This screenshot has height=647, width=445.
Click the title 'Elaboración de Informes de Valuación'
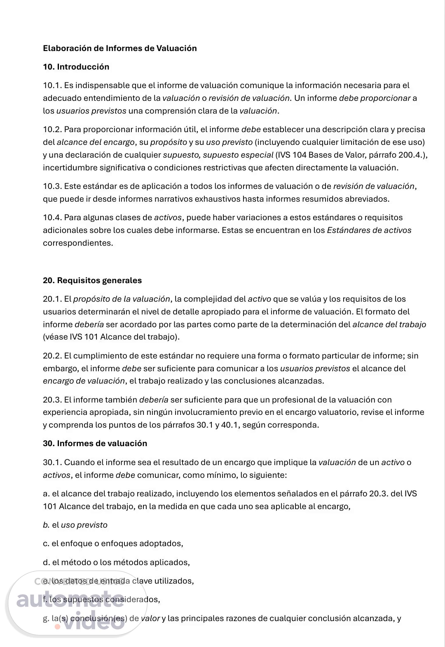[120, 48]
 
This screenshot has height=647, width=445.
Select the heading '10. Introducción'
[76, 67]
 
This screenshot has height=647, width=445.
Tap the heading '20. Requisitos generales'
[92, 280]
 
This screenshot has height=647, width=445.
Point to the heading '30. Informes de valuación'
[95, 443]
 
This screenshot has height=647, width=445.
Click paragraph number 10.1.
[52, 86]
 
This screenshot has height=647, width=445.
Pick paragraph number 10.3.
[52, 186]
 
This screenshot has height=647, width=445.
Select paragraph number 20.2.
[52, 356]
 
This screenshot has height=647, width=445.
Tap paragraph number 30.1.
[52, 462]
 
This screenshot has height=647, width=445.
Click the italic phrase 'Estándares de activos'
[369, 230]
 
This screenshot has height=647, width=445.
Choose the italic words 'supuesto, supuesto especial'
[218, 155]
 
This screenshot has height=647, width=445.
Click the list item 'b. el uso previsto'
[75, 525]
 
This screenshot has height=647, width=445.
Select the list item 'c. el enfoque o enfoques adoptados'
[113, 543]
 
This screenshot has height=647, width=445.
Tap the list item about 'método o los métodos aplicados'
[117, 562]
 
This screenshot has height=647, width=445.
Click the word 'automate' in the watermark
[70, 599]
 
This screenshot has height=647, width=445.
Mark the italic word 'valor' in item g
[150, 618]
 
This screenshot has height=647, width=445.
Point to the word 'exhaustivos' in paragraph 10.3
[217, 199]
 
